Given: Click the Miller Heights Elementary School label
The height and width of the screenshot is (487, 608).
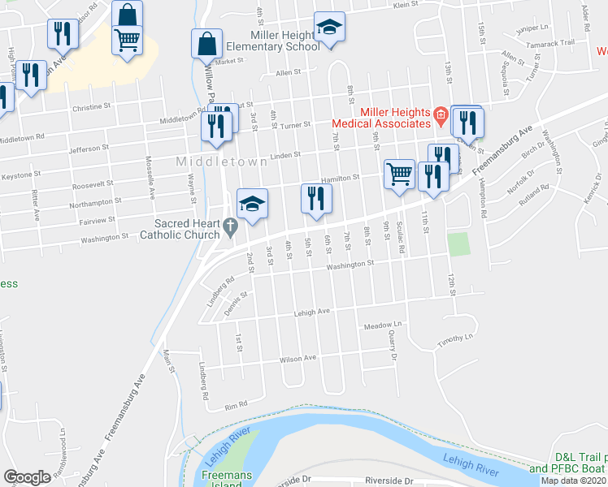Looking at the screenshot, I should pos(273,40).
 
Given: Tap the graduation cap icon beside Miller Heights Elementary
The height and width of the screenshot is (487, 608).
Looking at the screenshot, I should pos(329,28).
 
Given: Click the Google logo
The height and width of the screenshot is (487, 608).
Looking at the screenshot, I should pos(27,477).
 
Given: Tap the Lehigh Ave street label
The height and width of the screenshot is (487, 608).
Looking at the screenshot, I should pos(311,311).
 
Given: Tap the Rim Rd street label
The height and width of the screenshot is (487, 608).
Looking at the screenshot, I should pos(236,404).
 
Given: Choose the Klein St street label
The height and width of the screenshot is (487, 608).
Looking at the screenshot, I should pos(404,5).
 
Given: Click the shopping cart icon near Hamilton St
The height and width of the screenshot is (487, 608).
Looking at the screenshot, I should pos(399,174).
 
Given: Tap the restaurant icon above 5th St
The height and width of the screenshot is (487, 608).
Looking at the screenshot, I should pos(315,199).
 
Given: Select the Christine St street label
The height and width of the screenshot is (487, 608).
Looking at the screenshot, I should pos(91,106).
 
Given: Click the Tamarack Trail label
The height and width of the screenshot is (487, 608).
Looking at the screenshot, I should pos(556,43).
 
